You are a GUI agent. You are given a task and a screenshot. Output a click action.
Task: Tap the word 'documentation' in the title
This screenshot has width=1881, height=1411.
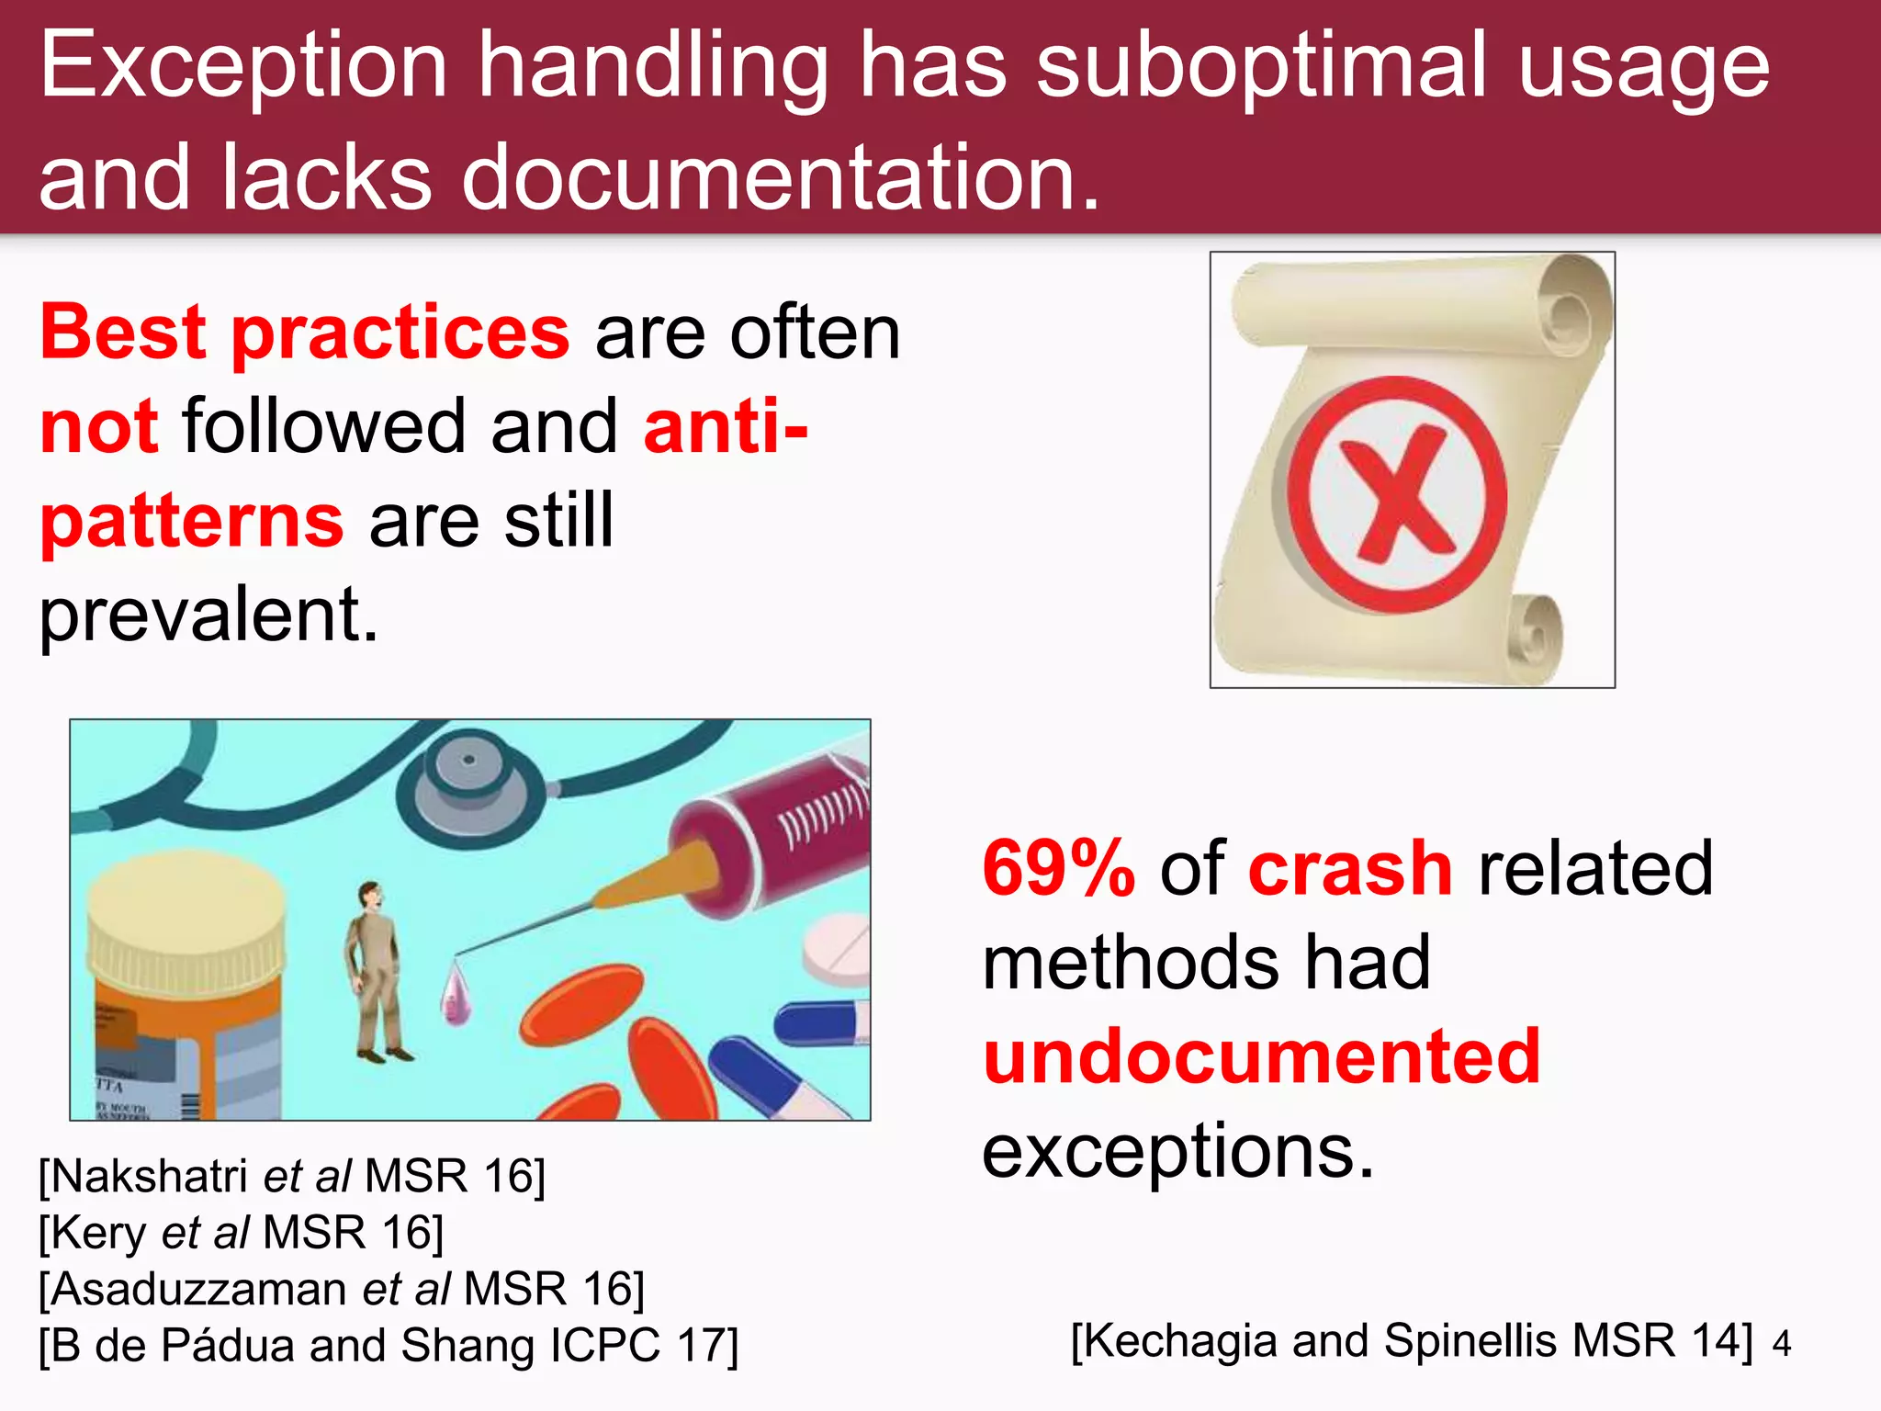coord(768,176)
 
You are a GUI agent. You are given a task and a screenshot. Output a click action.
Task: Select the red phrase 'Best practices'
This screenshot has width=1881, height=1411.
coord(305,333)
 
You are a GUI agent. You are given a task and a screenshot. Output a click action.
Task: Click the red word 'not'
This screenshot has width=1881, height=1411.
coord(99,427)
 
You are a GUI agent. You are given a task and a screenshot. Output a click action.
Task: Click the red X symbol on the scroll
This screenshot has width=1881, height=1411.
coord(1397,496)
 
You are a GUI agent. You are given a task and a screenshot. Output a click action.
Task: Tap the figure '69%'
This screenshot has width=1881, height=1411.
coord(1058,868)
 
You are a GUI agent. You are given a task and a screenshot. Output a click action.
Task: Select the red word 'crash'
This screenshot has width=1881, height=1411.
coord(1350,868)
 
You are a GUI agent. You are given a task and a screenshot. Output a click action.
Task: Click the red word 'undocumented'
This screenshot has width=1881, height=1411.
coord(1261,1056)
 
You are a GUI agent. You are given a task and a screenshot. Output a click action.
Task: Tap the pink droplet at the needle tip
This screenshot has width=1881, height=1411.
coord(455,994)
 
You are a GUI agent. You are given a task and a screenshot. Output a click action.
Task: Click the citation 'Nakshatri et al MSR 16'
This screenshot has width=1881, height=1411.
coord(292,1177)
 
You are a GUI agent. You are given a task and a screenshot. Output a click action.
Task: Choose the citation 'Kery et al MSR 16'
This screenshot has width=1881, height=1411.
coord(241,1233)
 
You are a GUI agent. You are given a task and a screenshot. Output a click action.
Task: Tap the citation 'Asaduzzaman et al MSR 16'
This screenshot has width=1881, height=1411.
coord(342,1289)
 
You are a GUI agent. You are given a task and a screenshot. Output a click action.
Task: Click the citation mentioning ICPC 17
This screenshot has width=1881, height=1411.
coord(388,1346)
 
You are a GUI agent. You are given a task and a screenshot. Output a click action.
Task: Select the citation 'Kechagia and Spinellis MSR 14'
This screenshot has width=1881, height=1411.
coord(1412,1341)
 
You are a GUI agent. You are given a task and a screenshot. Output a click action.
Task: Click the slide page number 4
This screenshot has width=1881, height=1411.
coord(1782,1345)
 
